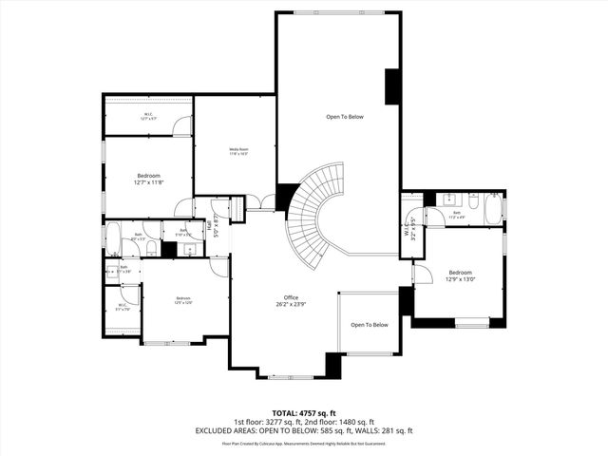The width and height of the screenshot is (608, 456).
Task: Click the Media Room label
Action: click(x=237, y=150)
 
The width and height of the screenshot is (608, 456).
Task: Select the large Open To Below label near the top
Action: click(x=345, y=117)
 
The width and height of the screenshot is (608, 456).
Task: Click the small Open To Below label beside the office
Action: click(x=370, y=325)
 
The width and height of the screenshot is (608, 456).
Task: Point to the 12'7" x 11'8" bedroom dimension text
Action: click(x=148, y=182)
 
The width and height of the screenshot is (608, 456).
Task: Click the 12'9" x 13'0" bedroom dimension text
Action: click(x=461, y=279)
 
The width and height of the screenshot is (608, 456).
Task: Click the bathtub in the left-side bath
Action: click(x=111, y=238)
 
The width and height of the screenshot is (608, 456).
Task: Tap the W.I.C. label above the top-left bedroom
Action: click(x=149, y=116)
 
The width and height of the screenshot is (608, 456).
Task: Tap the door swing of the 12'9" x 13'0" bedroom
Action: click(x=420, y=275)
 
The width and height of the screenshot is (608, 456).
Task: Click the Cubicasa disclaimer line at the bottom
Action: click(x=303, y=443)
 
